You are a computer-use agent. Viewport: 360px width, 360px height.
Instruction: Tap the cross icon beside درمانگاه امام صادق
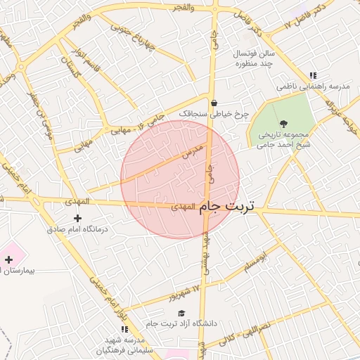(77, 219)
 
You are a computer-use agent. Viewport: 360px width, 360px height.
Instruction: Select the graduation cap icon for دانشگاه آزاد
(181, 314)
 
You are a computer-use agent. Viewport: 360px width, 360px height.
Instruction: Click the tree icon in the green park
(283, 124)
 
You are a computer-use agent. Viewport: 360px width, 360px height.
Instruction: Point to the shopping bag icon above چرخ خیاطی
(214, 103)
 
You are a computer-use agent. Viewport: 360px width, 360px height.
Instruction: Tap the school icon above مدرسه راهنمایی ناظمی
(313, 75)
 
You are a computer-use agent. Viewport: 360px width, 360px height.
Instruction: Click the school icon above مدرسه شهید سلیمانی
(124, 328)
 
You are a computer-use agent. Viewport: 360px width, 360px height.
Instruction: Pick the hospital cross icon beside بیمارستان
(8, 260)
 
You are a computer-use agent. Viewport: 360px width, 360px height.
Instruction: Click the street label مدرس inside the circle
(193, 150)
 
